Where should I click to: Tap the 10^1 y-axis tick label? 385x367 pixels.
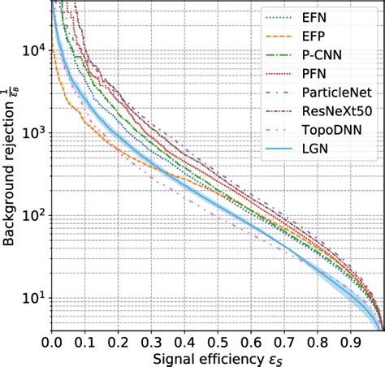pyautogui.click(x=32, y=300)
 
